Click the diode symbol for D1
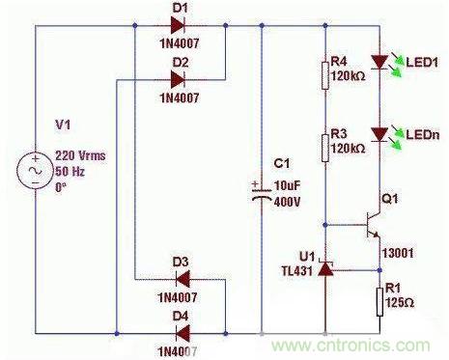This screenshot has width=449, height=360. pos(178,25)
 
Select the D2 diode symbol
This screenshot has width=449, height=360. pos(178,80)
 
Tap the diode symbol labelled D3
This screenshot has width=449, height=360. pos(182,279)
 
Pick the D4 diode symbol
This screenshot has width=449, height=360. pos(182,333)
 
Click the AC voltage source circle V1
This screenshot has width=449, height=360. pos(35,171)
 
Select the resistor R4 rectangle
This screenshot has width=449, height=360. pos(325,75)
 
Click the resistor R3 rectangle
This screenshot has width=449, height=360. pos(325,148)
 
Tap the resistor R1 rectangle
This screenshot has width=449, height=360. pos(379,302)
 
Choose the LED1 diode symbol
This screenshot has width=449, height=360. pos(379,63)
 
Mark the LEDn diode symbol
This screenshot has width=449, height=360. pos(379,134)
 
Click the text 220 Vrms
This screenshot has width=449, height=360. pos(80,155)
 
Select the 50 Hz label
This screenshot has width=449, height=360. pos(70,171)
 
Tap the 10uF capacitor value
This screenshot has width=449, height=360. pos(287,185)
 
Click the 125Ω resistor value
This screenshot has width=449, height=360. pos(400,302)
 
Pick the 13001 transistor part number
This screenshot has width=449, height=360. pos(398,253)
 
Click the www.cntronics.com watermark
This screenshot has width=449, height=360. pos(351,346)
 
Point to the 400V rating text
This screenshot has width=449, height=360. pos(287,202)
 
